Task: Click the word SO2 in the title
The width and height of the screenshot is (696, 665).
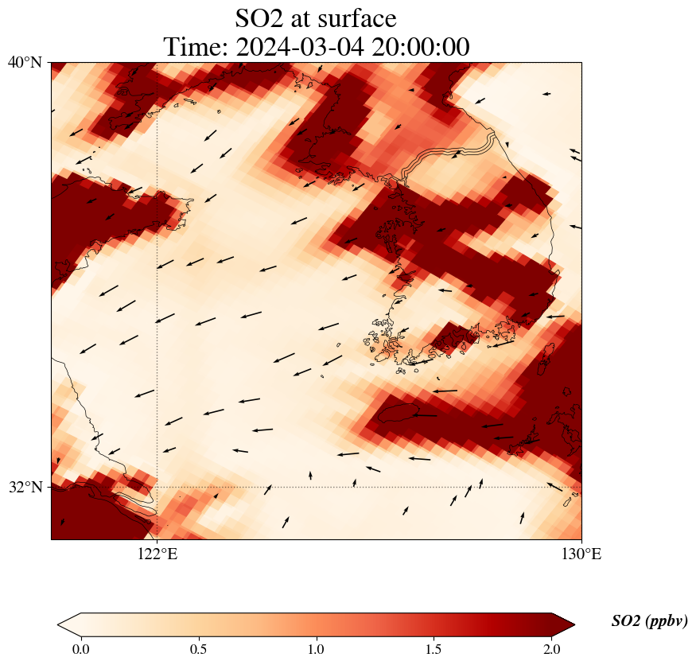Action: coord(261,17)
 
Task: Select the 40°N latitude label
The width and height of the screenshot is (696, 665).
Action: coord(25,62)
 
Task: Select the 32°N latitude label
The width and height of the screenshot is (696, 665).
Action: coord(25,487)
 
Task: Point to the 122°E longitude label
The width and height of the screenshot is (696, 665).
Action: coord(157,554)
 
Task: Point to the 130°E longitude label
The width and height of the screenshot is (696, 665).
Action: coord(581,554)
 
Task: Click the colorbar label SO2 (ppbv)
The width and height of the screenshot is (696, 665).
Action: coord(649,621)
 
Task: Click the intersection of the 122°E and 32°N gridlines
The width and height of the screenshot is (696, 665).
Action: coord(157,487)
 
